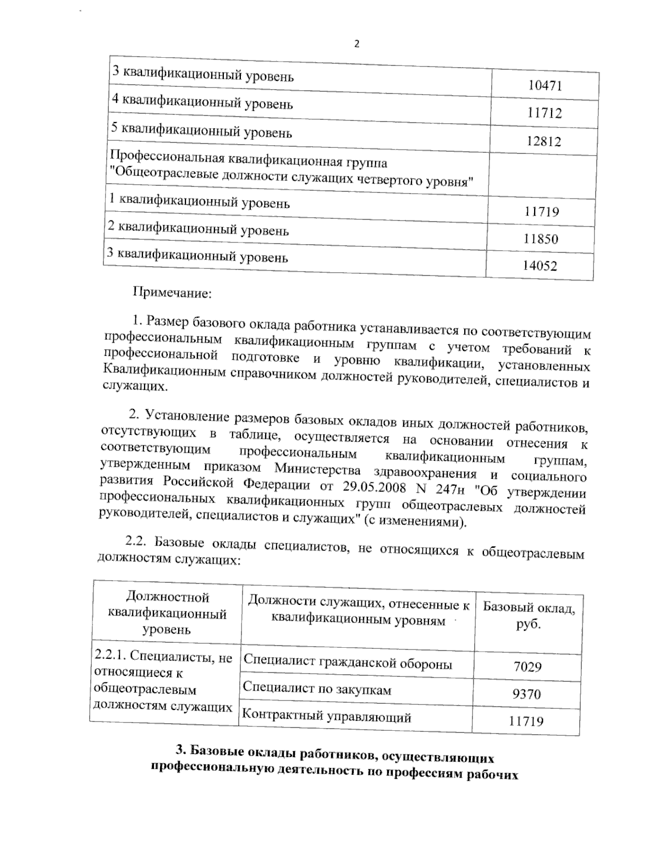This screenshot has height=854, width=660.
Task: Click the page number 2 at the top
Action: [356, 45]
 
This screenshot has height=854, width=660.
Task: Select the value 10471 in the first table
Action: [544, 86]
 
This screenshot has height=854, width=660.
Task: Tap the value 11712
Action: [544, 113]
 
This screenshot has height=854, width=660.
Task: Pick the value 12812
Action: [543, 141]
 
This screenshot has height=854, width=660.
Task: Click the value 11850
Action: [541, 239]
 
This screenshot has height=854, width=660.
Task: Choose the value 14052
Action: [540, 266]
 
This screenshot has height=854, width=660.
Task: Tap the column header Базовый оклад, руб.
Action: [529, 616]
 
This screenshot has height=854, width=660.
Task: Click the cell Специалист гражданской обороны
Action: [348, 663]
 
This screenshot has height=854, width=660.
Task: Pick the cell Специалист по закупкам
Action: [317, 689]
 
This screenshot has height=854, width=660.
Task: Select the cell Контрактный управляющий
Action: [327, 717]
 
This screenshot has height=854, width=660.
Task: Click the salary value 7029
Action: [527, 667]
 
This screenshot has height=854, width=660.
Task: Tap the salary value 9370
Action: [526, 694]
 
